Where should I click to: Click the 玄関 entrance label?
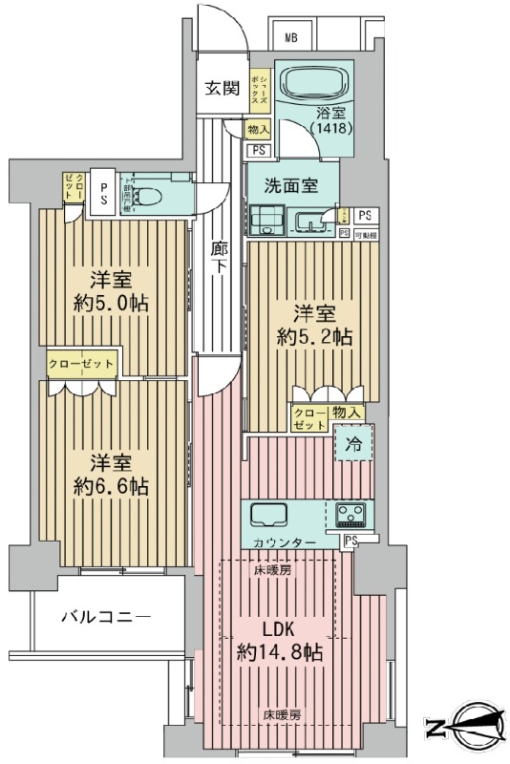coord(222,89)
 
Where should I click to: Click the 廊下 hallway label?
coord(218,257)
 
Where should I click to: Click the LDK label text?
coord(278,631)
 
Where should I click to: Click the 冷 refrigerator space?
coord(352,443)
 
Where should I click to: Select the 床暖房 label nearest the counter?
coord(272,570)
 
